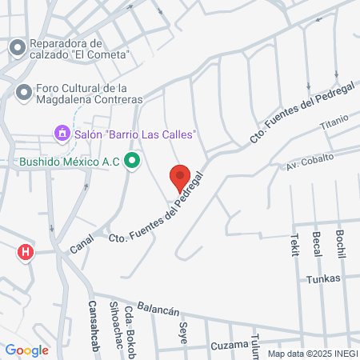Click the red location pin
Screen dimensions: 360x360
(x=180, y=177)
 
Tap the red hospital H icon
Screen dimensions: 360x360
(x=26, y=253)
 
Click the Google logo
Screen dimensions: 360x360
(x=26, y=350)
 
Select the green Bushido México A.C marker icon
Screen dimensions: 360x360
(x=134, y=162)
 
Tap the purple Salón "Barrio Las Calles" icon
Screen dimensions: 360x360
(x=62, y=132)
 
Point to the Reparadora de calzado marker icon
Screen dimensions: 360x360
(x=17, y=49)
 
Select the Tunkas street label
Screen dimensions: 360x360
(x=323, y=278)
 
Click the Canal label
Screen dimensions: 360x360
(x=81, y=242)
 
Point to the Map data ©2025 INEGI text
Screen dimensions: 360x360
(x=313, y=354)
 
